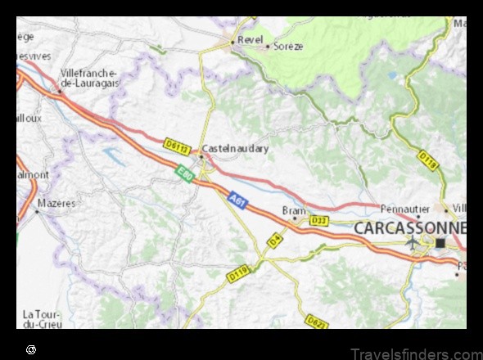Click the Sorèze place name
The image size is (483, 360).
coord(287,47)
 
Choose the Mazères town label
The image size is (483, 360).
coord(58,202)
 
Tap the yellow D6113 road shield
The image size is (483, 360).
coord(177,146)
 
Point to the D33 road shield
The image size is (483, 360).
coord(319,221)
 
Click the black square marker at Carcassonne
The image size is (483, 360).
coord(440,243)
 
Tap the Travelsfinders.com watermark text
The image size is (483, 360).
coord(414,353)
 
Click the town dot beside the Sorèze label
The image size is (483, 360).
coord(267,47)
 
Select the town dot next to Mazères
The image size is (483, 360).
coord(36,211)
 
